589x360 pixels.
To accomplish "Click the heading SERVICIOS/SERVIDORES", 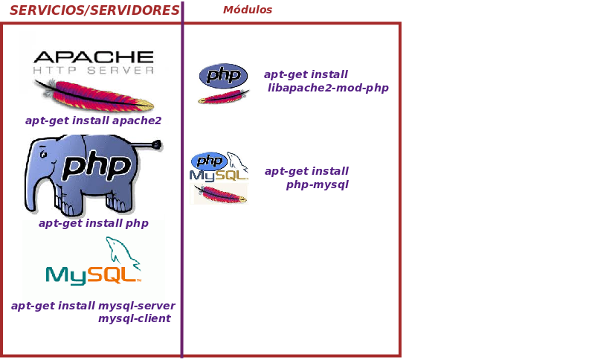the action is tap(94, 10).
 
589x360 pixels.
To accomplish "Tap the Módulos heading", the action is tap(248, 10).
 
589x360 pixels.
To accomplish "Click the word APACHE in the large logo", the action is tap(94, 57).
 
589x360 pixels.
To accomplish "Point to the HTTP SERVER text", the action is tap(94, 70).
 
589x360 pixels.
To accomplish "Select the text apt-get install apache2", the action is tap(93, 120).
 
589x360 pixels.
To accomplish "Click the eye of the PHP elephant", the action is tap(43, 154).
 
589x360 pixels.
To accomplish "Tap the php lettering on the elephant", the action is tap(97, 165).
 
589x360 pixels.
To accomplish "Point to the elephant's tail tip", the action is tap(158, 145).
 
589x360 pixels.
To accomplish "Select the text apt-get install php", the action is tap(94, 223).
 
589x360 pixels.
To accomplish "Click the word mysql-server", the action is tap(137, 306).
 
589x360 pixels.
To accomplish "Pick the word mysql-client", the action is tap(135, 318).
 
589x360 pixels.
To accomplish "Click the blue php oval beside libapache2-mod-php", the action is tap(223, 76).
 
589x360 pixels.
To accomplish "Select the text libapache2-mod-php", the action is tap(328, 88).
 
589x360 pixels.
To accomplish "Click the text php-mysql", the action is tap(318, 185).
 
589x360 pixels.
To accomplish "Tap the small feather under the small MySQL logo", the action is tap(219, 194).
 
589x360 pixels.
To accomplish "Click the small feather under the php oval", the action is tap(224, 97).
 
